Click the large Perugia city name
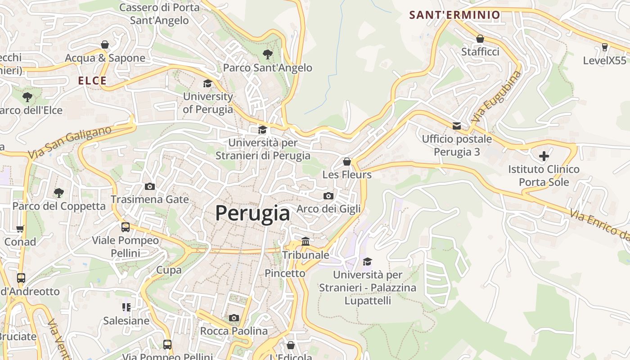coord(252,213)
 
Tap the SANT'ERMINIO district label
coord(454,15)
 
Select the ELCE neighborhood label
coord(92,81)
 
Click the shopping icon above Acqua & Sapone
coord(105,45)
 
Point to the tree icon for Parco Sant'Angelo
coord(268,54)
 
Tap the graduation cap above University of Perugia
coord(207,83)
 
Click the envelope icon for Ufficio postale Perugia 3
coord(457,126)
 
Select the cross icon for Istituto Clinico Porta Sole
coord(544,156)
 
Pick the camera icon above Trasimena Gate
coord(150,186)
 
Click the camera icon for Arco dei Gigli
coord(328,196)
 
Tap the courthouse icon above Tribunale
coord(306,242)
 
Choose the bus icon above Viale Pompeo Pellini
coord(126,227)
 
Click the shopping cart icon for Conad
coord(20,229)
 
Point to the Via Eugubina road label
coord(496,98)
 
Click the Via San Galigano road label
coord(70,142)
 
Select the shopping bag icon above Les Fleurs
coord(347,161)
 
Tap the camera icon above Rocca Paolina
coord(234,318)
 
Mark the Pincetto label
coord(285,273)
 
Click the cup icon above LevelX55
coord(604,47)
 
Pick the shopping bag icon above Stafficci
coord(480,39)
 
